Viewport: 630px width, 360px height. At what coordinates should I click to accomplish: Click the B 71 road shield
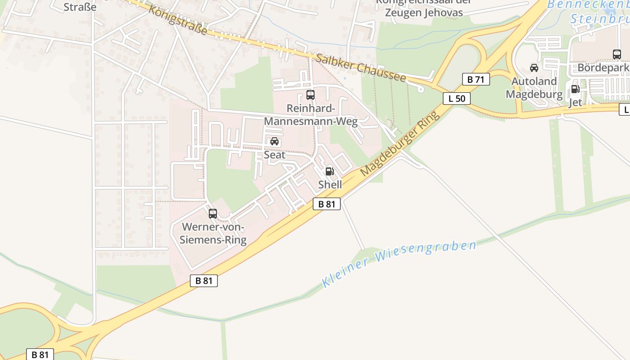click(476, 80)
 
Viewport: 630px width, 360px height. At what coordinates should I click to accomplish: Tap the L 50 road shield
click(456, 98)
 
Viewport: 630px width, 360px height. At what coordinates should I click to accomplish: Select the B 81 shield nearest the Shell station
click(327, 204)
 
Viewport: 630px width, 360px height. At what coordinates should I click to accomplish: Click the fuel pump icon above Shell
click(329, 171)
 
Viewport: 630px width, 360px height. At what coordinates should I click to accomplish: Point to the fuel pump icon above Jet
click(575, 89)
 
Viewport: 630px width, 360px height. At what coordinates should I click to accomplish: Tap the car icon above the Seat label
click(274, 141)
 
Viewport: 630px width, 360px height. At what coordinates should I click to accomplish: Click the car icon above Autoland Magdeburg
click(534, 68)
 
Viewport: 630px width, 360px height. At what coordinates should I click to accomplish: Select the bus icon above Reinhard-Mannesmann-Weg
click(310, 94)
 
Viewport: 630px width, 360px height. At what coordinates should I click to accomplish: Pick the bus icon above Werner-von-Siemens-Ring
click(213, 214)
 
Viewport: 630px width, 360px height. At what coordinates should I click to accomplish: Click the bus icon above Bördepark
click(617, 54)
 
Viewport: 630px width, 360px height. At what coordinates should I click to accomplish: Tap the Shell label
click(330, 184)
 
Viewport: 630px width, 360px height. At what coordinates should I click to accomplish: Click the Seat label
click(274, 155)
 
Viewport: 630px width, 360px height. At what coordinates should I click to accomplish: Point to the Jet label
click(576, 102)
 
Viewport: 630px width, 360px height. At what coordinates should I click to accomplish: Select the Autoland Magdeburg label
click(534, 88)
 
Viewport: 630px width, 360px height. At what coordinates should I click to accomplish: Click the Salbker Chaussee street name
click(360, 68)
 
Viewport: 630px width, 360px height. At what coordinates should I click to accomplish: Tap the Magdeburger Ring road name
click(400, 144)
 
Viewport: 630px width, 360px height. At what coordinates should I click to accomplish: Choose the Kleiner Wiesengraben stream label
click(399, 263)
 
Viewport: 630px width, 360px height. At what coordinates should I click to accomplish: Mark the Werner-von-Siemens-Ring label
click(213, 233)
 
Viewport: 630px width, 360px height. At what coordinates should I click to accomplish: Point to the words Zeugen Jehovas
click(423, 13)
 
